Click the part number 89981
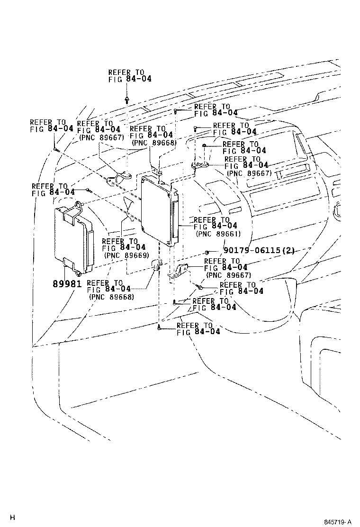click(67, 284)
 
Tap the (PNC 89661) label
click(218, 234)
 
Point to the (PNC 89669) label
click(126, 255)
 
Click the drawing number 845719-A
click(337, 522)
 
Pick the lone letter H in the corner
click(12, 517)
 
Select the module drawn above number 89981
click(74, 237)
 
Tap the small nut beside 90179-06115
click(207, 252)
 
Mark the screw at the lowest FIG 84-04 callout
click(159, 327)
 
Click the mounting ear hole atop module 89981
click(79, 204)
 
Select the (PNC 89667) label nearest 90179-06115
click(229, 276)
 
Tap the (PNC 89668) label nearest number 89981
click(111, 297)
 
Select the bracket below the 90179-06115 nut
click(178, 271)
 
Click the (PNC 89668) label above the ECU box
click(154, 143)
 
